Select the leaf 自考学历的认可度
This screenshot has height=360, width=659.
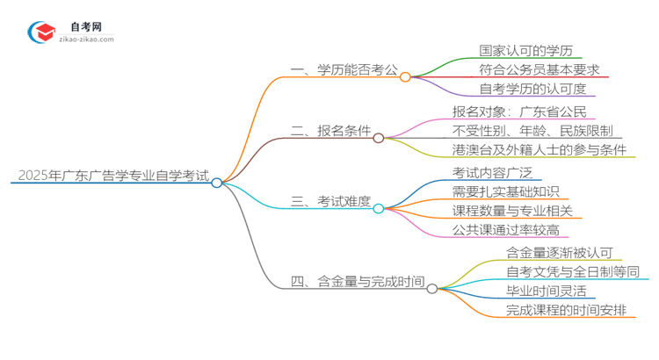click(x=532, y=89)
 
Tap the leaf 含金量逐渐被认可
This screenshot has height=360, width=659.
click(x=558, y=252)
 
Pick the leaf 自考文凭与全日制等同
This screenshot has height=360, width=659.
click(x=572, y=271)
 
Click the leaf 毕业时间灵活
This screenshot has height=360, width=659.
click(x=545, y=291)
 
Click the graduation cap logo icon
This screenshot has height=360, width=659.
click(x=40, y=32)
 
